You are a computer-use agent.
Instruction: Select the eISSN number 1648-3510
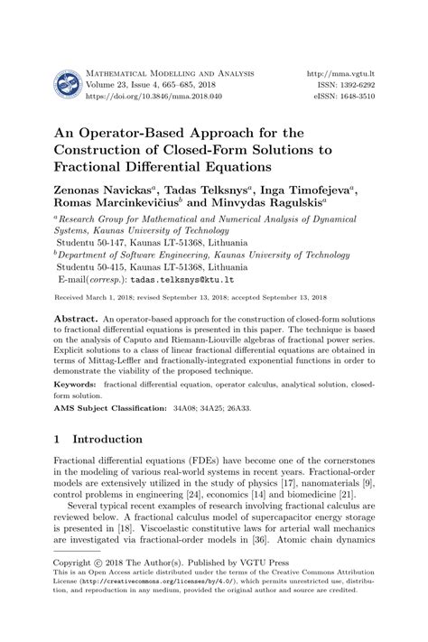pos(350,95)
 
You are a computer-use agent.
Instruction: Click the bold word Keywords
pos(76,383)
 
